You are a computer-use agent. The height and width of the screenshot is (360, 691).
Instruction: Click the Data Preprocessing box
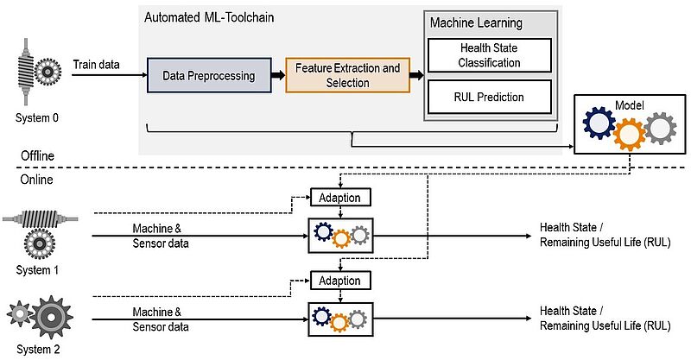coord(209,75)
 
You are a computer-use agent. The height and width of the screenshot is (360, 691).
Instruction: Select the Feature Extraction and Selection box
coord(348,75)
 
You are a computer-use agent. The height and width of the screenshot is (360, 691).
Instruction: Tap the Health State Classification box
coord(489,55)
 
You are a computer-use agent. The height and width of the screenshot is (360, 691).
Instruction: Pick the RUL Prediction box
coord(489,97)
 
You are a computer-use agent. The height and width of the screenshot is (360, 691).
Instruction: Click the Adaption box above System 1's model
coord(340,198)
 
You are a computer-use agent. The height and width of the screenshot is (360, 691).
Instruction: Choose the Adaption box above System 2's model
coord(340,281)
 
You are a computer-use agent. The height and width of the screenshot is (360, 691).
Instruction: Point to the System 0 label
coord(36,117)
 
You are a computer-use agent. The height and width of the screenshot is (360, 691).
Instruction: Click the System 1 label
coord(37,269)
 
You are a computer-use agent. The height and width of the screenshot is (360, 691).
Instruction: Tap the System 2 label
coord(38,350)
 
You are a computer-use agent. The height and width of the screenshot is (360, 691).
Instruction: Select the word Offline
coord(37,155)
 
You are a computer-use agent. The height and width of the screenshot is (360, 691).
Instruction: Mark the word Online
coord(36,180)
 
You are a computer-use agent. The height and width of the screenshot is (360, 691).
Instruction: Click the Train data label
coord(96,65)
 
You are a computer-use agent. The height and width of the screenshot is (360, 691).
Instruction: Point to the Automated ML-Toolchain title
coord(209,17)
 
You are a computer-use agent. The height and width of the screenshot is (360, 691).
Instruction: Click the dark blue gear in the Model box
coord(599,123)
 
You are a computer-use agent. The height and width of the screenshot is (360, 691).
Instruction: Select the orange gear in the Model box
coord(630,135)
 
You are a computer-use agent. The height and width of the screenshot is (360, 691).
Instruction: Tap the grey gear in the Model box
coord(660,129)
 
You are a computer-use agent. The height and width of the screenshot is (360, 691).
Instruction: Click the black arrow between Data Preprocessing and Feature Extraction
coord(278,75)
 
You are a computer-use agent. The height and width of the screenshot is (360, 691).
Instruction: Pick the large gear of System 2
coord(51,317)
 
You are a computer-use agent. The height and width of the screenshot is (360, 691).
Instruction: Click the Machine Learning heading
coord(477,23)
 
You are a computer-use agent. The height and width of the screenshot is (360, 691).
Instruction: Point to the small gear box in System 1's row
coord(340,236)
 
